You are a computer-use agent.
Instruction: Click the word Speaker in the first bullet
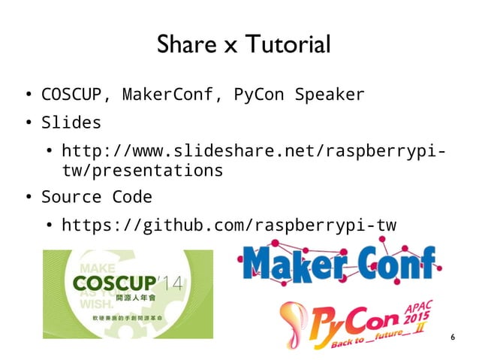pos(330,95)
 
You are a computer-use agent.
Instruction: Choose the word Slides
pos(71,122)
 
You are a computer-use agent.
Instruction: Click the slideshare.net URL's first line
pos(251,150)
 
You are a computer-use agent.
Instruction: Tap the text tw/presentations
pos(142,171)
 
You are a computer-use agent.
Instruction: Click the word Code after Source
pos(132,197)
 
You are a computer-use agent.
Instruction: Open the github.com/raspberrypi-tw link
pos(228,225)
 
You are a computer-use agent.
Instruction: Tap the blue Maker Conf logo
pos(340,264)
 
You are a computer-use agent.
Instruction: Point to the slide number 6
pos(452,337)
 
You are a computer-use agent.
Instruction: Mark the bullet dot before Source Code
pos(25,198)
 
